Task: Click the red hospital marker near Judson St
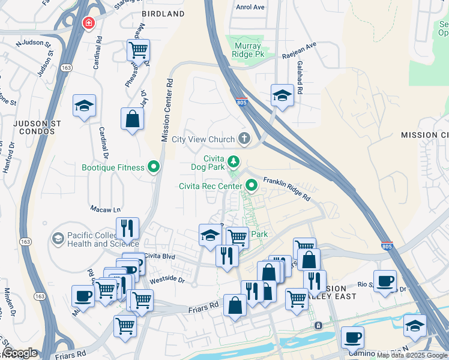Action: point(88,23)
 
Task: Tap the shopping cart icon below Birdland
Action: point(138,50)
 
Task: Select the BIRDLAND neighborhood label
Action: point(163,13)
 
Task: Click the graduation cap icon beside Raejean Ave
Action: point(282,95)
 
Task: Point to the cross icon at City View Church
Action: point(244,139)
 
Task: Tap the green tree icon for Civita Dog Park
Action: point(234,161)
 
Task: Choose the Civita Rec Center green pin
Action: point(253,186)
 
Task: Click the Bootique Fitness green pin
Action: point(154,167)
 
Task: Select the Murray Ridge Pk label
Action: point(247,49)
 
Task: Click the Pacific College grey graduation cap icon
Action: point(58,239)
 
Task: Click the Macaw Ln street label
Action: point(105,209)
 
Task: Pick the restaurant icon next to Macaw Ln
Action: point(127,228)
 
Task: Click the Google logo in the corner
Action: point(20,353)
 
